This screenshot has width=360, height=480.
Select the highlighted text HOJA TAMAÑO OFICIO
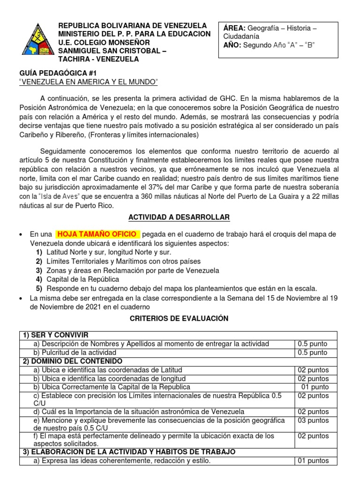97,234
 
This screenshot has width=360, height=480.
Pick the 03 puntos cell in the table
313,420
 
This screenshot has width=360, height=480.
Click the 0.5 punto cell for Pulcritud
313,352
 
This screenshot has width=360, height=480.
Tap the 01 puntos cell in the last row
313,461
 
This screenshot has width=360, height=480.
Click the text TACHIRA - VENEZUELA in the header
98,59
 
